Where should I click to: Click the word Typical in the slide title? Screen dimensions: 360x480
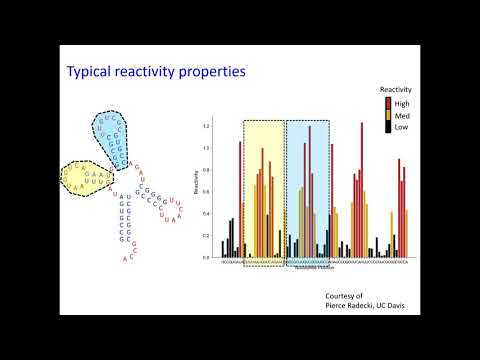pos(89,71)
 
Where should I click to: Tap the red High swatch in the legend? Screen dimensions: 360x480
pos(388,102)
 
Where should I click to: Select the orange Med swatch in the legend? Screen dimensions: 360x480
pos(388,114)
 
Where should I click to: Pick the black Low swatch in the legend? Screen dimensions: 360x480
pos(388,127)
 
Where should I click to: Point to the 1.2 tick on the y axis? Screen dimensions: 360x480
pos(207,126)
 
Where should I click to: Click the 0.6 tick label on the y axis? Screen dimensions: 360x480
pos(207,192)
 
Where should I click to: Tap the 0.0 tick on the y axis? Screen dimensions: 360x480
pos(207,258)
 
